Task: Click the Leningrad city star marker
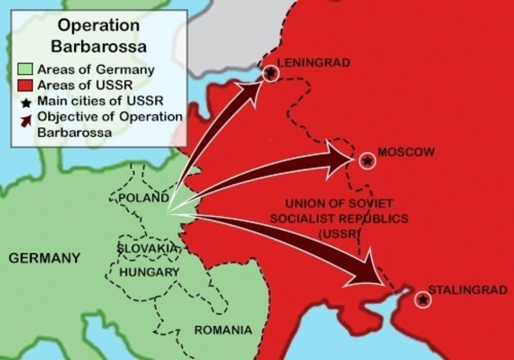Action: point(271,73)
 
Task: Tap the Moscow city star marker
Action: point(367,161)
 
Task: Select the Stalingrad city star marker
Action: point(423,300)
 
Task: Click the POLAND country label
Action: point(143,198)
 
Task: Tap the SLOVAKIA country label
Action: point(148,248)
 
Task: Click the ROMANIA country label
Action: point(222,329)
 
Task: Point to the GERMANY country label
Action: point(44,259)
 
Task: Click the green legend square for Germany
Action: point(26,70)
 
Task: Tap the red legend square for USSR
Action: point(26,86)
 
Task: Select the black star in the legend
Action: point(26,102)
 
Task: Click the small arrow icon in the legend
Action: point(26,119)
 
